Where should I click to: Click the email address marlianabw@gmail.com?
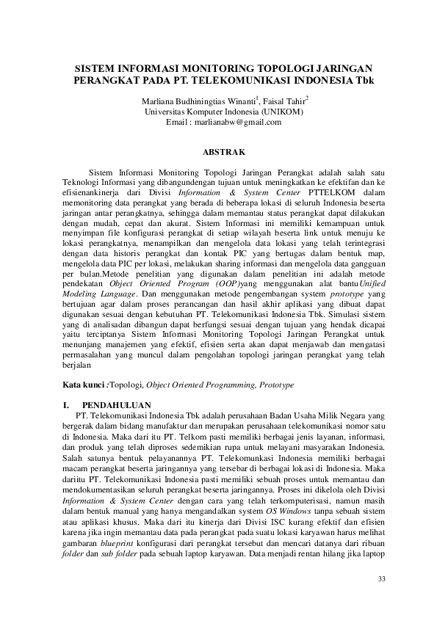244,122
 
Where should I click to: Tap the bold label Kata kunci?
84,384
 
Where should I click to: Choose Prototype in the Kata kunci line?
276,384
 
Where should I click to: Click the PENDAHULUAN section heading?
118,404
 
